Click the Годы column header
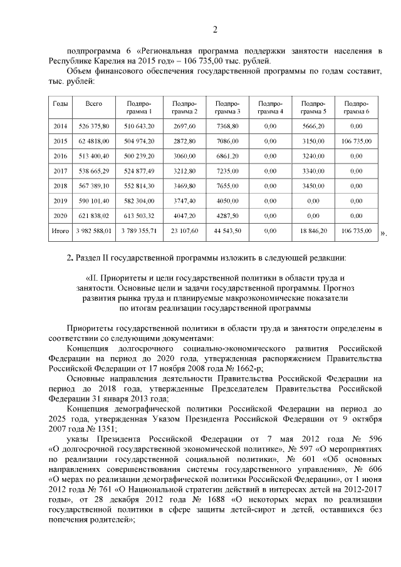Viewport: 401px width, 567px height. tap(61, 103)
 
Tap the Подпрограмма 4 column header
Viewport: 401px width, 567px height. tap(271, 107)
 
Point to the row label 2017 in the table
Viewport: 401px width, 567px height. tap(61, 170)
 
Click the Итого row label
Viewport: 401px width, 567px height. tap(61, 231)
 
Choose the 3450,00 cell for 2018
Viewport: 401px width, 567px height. tap(313, 185)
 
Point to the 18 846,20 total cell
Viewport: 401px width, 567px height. tap(313, 231)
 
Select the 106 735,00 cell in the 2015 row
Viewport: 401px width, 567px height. tap(357, 141)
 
